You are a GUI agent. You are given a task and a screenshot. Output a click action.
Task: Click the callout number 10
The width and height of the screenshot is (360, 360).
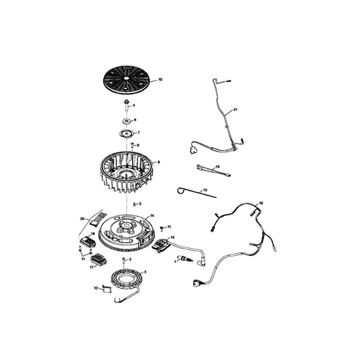tap(160, 79)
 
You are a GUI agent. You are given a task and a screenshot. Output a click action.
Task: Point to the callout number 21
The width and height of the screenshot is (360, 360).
tap(235, 110)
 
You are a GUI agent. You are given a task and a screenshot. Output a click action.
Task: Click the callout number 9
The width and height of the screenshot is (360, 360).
tap(159, 162)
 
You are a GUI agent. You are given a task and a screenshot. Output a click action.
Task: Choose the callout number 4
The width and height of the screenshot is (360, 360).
tap(134, 106)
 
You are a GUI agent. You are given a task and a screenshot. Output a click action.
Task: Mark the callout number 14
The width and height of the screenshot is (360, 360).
tap(152, 216)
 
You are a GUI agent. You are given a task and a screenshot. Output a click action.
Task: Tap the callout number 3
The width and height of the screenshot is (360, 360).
tap(146, 272)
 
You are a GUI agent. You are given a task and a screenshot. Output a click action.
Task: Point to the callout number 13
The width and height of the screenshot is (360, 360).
tap(205, 190)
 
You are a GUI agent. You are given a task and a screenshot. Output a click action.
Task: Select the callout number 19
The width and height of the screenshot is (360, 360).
tap(217, 167)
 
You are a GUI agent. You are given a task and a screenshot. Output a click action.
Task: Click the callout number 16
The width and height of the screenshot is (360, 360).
tap(261, 203)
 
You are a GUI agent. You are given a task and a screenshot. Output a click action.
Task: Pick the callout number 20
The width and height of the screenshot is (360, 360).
tap(82, 218)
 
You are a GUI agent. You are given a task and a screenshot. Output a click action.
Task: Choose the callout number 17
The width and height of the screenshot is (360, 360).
tap(92, 266)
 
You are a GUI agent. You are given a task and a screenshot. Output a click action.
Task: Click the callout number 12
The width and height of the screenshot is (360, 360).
tap(95, 288)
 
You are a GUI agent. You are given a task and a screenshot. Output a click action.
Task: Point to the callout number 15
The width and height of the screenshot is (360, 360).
tap(172, 238)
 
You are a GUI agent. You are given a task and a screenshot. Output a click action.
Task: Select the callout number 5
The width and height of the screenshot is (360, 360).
tap(140, 204)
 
